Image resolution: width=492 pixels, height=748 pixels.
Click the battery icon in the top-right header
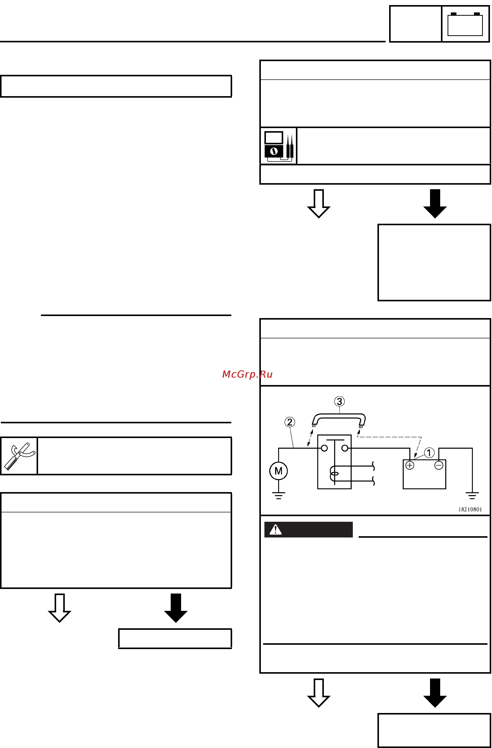(465, 24)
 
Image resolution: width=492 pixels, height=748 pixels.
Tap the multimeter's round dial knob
(274, 151)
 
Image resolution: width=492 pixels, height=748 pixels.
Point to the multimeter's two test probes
(290, 146)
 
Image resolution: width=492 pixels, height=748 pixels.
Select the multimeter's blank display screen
(273, 138)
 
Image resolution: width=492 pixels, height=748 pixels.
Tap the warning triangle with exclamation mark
(275, 530)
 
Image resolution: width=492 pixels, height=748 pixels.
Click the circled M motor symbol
(278, 471)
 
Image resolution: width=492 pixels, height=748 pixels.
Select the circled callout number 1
(429, 453)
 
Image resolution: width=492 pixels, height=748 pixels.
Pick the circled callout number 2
(290, 422)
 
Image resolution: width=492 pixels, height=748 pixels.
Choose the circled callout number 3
(339, 401)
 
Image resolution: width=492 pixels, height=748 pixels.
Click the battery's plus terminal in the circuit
(409, 465)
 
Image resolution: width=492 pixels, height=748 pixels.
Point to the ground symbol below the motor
(278, 496)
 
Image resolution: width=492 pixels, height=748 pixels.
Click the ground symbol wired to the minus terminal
(472, 496)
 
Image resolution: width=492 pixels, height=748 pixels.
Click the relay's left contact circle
(324, 448)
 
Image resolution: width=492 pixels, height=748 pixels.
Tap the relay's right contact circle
(345, 448)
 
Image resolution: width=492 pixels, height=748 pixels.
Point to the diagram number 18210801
(470, 510)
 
